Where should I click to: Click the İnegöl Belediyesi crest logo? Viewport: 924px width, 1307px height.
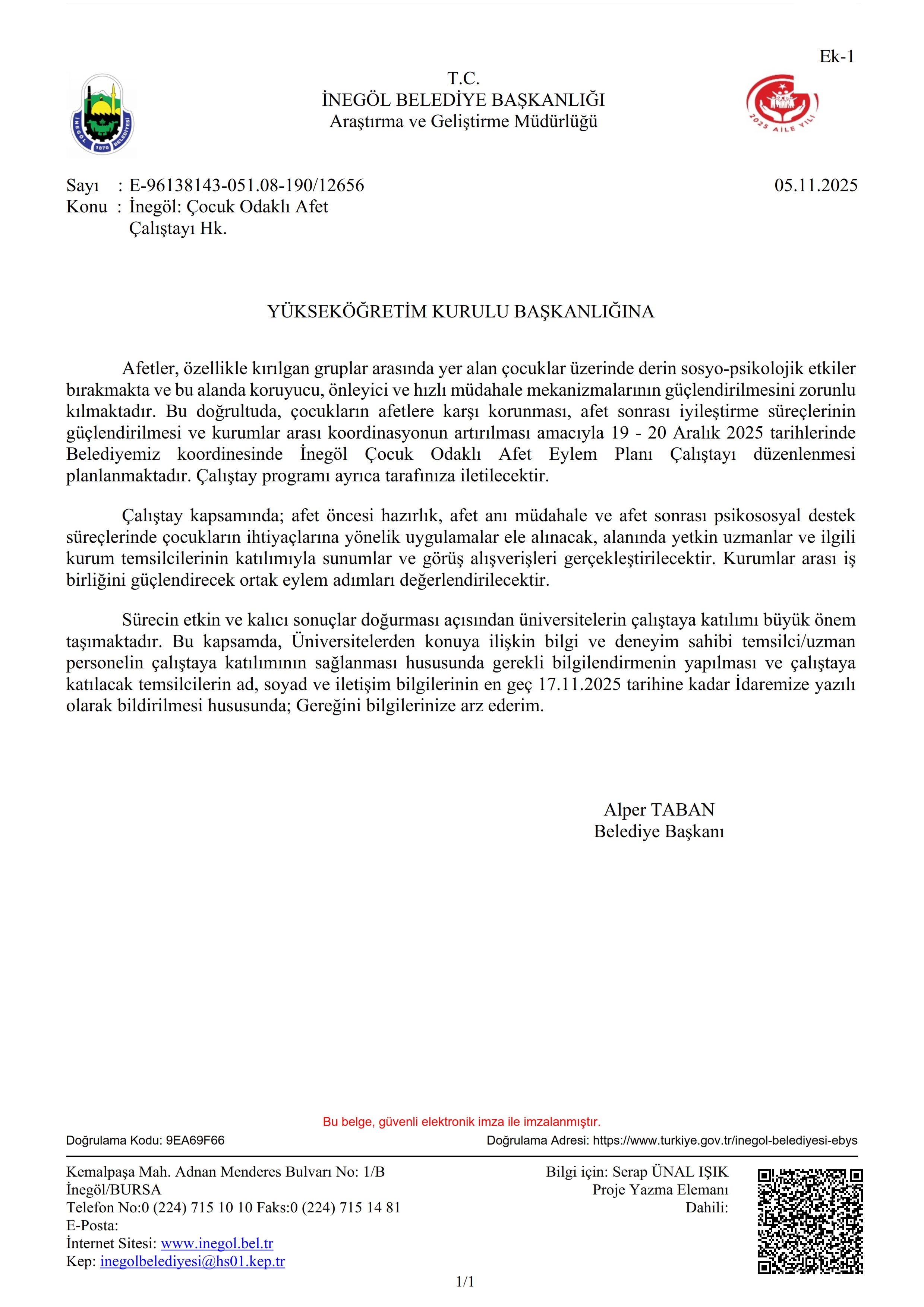pyautogui.click(x=102, y=115)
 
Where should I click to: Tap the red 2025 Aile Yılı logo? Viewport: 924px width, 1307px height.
pyautogui.click(x=782, y=103)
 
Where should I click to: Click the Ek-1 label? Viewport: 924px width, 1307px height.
pyautogui.click(x=836, y=56)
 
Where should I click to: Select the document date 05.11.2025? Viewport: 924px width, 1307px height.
pyautogui.click(x=815, y=186)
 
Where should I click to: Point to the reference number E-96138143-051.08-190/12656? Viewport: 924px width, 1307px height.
pyautogui.click(x=246, y=186)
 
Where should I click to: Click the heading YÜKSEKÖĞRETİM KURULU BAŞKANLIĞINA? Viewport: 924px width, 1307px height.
pyautogui.click(x=461, y=311)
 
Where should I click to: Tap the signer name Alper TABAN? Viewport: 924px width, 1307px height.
pyautogui.click(x=659, y=810)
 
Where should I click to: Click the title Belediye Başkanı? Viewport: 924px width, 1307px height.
pyautogui.click(x=659, y=831)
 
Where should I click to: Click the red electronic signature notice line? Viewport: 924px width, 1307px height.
pyautogui.click(x=461, y=1121)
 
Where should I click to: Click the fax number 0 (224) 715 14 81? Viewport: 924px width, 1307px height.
pyautogui.click(x=345, y=1208)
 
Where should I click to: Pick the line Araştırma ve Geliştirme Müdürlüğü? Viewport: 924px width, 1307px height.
pyautogui.click(x=463, y=121)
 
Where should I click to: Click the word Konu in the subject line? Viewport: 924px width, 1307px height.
pyautogui.click(x=86, y=207)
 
